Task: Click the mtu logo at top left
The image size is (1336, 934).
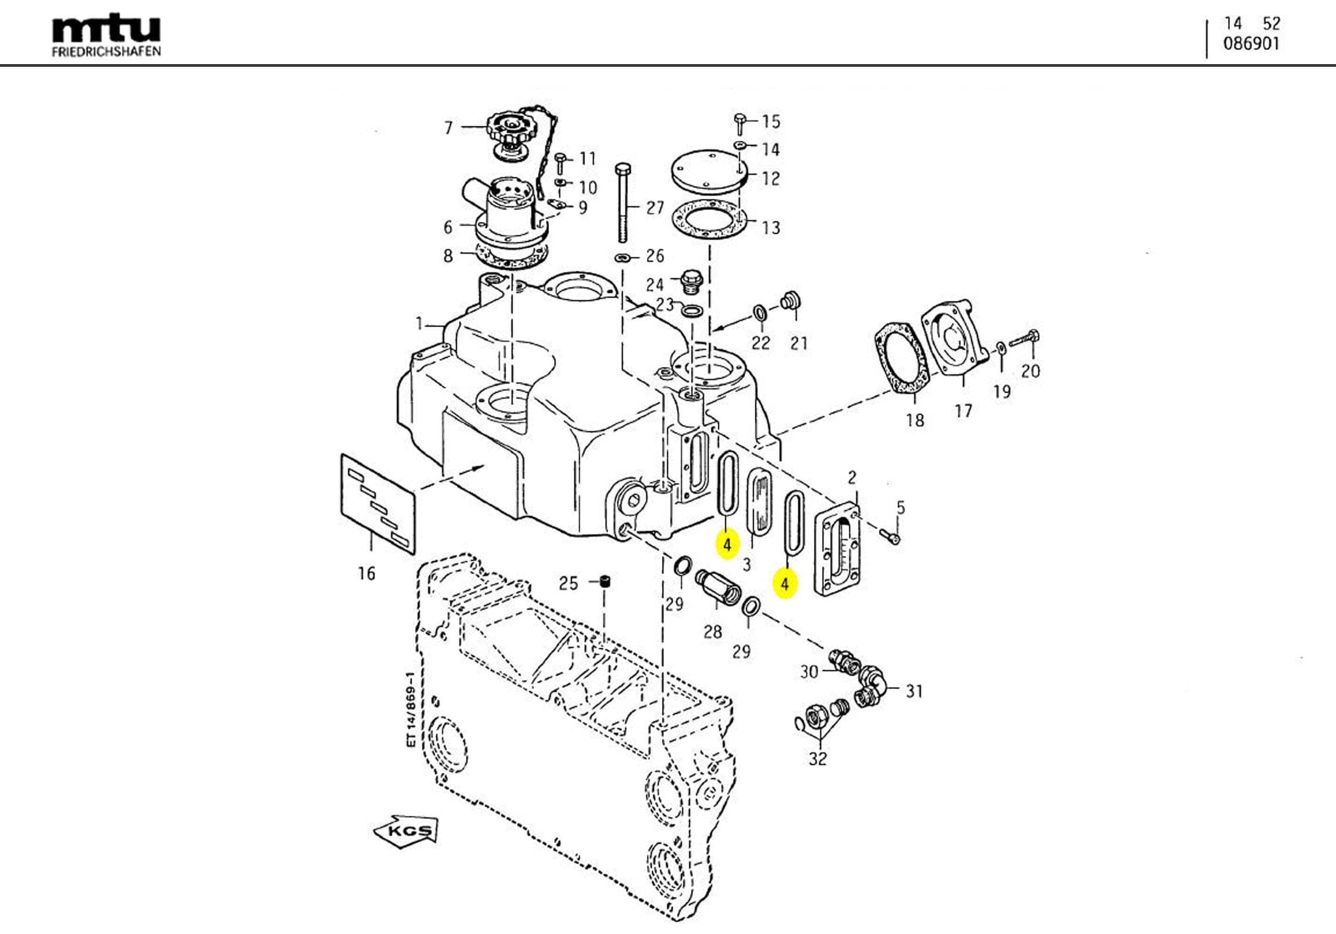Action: [x=107, y=35]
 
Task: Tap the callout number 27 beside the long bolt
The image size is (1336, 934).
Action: [x=655, y=208]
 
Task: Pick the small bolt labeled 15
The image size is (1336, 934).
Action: [x=739, y=123]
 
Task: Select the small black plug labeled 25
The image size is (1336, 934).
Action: [x=606, y=582]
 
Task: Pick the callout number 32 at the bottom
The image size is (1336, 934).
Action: [x=818, y=759]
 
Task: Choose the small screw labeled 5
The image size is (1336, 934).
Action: [x=891, y=536]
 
